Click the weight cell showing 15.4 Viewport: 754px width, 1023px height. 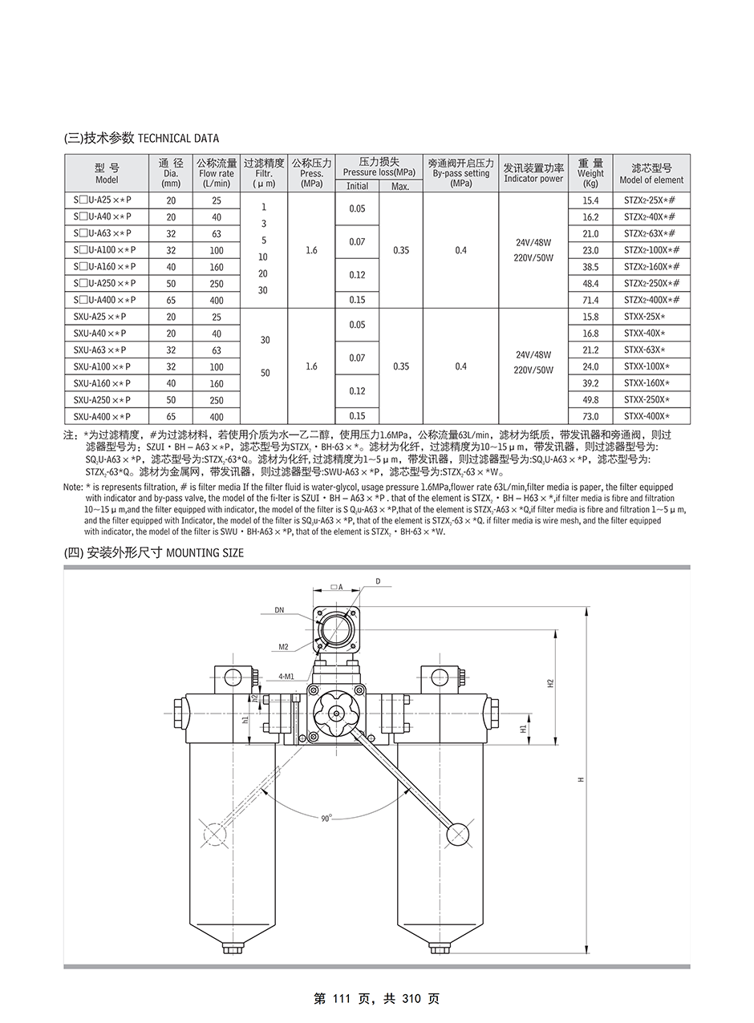click(590, 200)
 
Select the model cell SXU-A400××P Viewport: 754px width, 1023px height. click(101, 417)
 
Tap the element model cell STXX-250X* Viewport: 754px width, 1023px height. click(646, 400)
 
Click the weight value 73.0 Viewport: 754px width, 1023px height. click(590, 417)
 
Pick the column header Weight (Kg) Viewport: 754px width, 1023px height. click(590, 172)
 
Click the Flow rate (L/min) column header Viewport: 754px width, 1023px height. click(217, 172)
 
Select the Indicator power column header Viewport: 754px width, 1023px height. click(533, 172)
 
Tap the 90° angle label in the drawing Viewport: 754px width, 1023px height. click(326, 818)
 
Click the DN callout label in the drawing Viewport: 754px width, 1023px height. click(279, 610)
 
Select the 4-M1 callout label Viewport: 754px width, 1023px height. click(286, 676)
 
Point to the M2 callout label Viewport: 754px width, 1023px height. click(283, 646)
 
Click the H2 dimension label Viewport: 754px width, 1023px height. click(550, 683)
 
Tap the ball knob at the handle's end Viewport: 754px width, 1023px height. click(458, 834)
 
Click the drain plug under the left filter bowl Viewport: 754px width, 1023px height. click(231, 948)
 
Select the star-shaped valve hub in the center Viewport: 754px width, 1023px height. click(330, 712)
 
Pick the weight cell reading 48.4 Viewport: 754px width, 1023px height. click(590, 283)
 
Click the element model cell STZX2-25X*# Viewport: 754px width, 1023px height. click(651, 200)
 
